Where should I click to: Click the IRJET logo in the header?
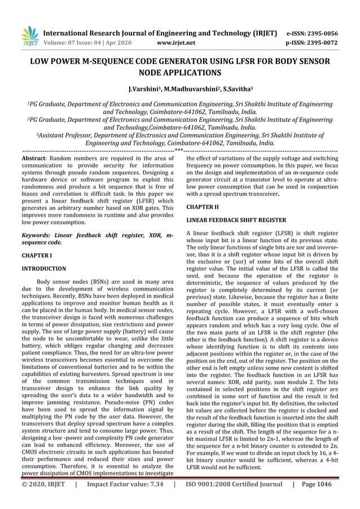coord(29,36)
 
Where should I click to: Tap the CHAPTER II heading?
coord(203,207)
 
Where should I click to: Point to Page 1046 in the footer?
coord(320,499)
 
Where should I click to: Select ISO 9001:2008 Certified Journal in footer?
coord(234,499)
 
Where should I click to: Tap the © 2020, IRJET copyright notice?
coord(43,499)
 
